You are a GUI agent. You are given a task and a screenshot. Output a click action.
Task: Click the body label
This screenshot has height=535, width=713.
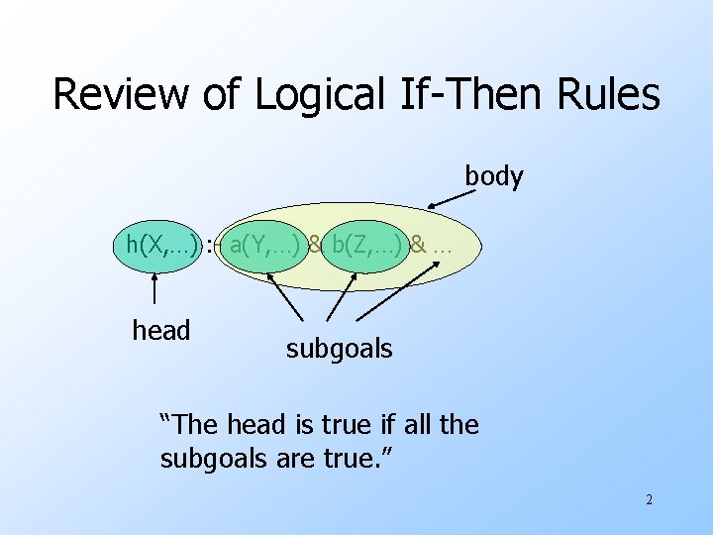pos(494,176)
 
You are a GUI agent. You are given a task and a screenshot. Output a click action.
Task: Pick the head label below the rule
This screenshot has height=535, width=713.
pos(160,330)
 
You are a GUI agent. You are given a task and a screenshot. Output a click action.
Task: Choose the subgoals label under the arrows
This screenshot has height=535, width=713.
pos(339,348)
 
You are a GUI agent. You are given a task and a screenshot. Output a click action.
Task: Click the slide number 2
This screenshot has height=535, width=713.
pos(649,499)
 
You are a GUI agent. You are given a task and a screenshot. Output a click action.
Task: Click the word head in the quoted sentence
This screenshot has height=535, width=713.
pos(256,425)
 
